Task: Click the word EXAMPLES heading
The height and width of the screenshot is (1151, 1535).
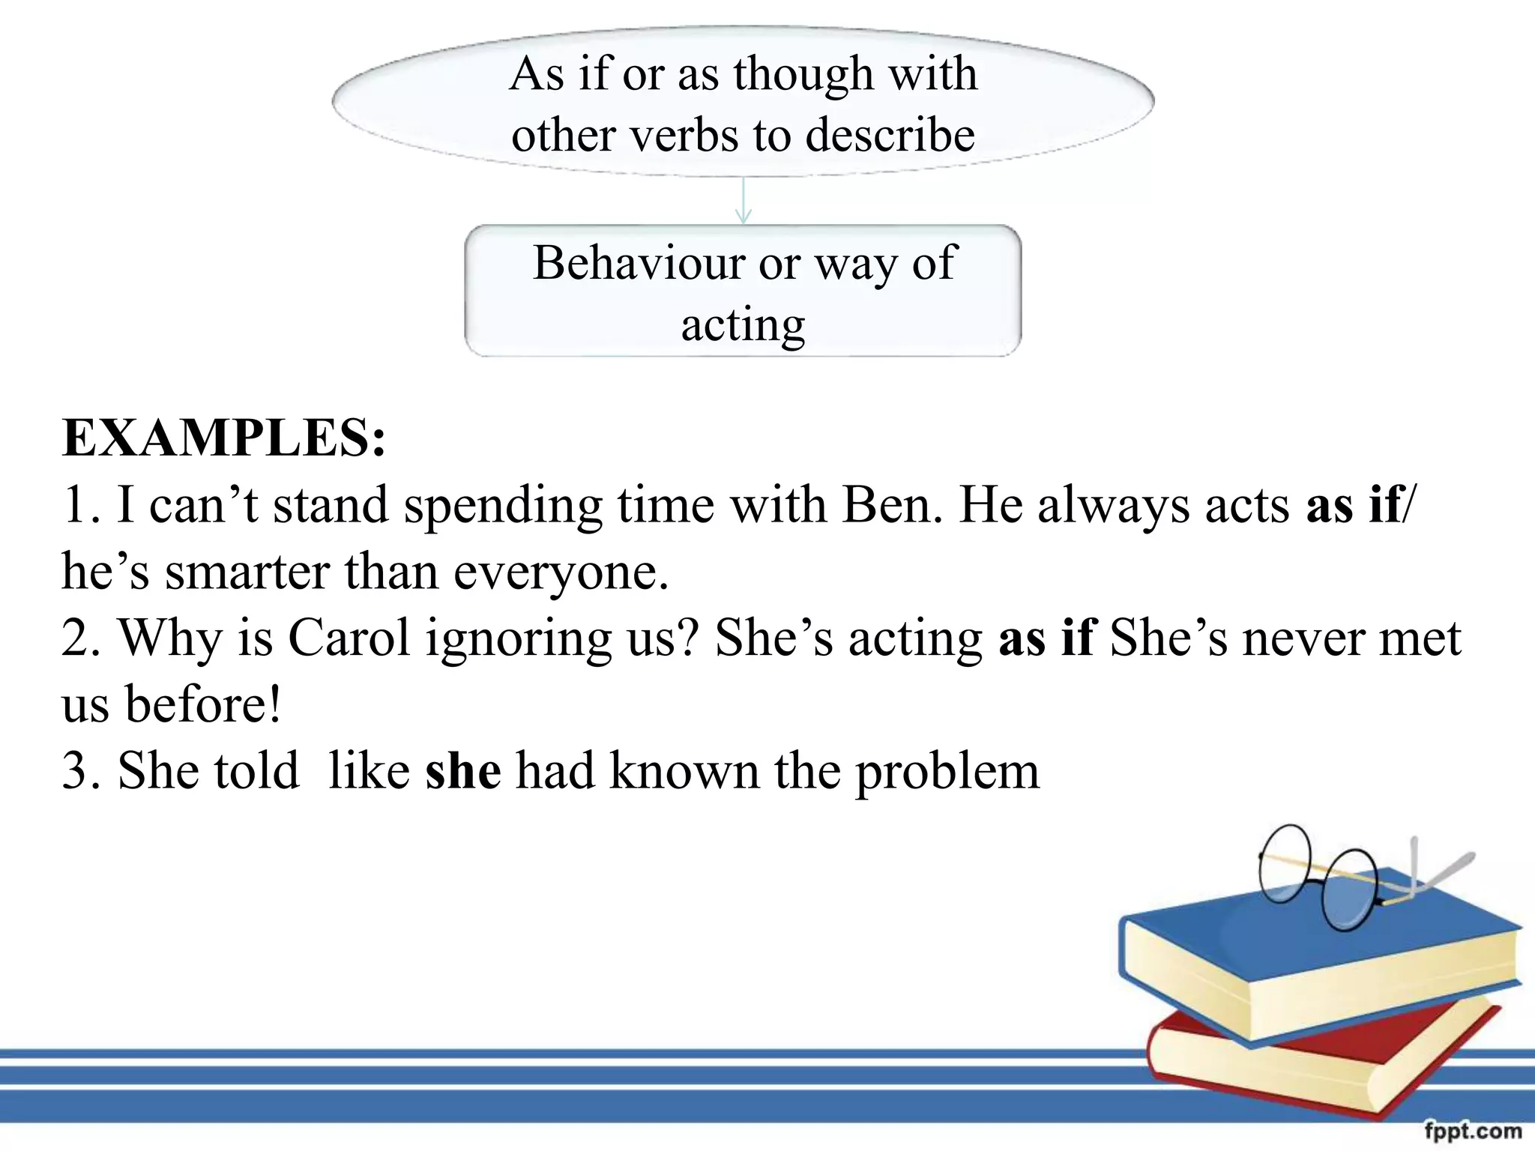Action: click(223, 438)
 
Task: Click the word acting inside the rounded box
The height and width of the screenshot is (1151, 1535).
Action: click(743, 326)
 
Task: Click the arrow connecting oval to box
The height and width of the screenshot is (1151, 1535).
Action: click(743, 201)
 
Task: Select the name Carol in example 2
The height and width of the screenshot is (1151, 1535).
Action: click(349, 638)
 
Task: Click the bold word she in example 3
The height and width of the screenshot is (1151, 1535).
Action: click(463, 771)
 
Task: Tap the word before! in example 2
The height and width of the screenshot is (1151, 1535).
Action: click(203, 704)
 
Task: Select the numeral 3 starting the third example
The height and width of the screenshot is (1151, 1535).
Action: click(75, 771)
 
